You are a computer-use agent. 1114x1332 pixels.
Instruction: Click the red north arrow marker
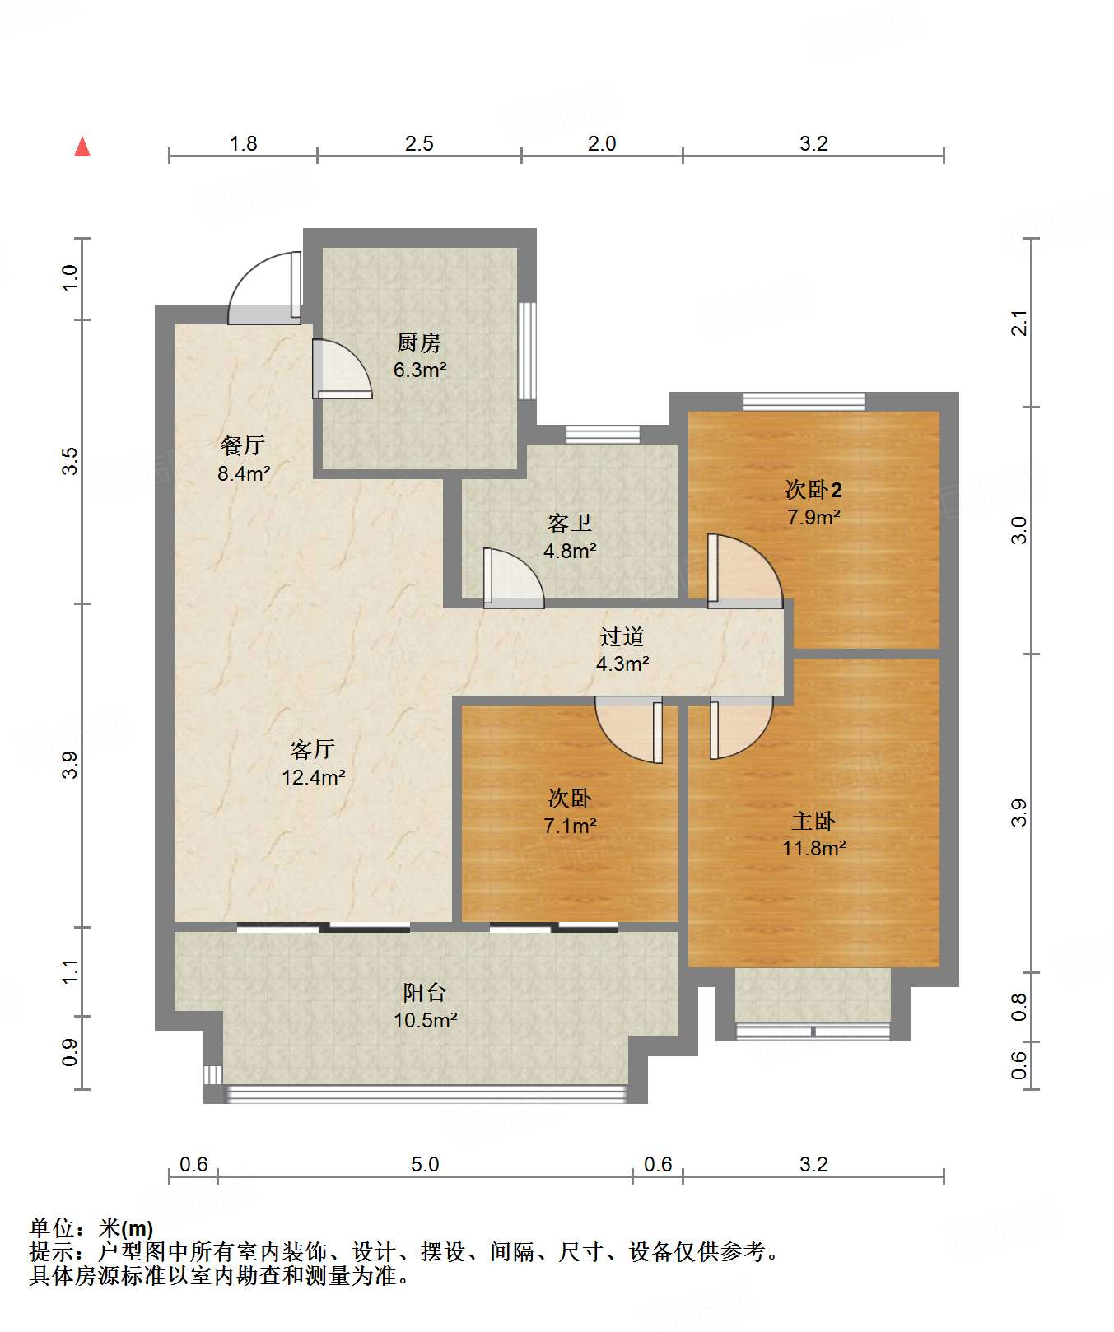click(x=82, y=147)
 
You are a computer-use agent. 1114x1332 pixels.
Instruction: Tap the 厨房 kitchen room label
click(x=419, y=342)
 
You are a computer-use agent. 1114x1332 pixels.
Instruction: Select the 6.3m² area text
click(x=420, y=370)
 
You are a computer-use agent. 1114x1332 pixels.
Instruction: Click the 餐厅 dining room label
click(x=243, y=445)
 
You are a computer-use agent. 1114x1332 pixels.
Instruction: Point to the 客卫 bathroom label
click(x=570, y=524)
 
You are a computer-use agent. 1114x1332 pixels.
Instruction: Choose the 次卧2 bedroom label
click(x=813, y=490)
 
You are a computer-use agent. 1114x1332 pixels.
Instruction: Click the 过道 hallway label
click(x=622, y=636)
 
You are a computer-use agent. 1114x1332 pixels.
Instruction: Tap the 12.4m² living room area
click(x=314, y=776)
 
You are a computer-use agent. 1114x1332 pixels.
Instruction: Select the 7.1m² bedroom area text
click(x=570, y=825)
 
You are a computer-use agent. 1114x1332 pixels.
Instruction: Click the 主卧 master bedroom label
click(x=813, y=821)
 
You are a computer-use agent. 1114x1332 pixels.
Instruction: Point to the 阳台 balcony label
click(x=425, y=993)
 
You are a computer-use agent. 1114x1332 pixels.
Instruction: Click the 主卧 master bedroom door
click(x=741, y=728)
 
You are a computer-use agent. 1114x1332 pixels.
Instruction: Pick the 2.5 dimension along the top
click(x=419, y=143)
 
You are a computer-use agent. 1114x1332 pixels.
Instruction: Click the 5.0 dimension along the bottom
click(x=425, y=1164)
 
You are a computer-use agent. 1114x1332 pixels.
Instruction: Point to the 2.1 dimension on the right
click(x=1019, y=323)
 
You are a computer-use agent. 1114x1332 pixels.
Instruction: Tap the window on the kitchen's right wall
click(x=527, y=352)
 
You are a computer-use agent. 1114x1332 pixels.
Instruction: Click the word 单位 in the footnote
click(x=53, y=1228)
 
